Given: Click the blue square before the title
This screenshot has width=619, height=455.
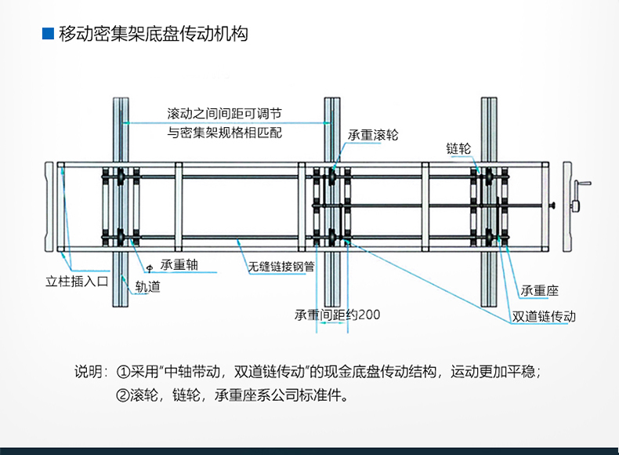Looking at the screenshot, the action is pyautogui.click(x=48, y=34).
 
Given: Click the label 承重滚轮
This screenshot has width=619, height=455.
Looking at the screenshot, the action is pyautogui.click(x=373, y=135).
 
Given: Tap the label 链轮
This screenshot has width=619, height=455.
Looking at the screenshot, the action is pyautogui.click(x=458, y=148).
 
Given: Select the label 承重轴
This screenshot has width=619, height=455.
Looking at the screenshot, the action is pyautogui.click(x=179, y=265).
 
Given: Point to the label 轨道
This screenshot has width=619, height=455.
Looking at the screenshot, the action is pyautogui.click(x=147, y=286).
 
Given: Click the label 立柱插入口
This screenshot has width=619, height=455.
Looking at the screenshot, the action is pyautogui.click(x=77, y=282).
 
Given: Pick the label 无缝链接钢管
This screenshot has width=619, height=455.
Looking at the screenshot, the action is pyautogui.click(x=281, y=267).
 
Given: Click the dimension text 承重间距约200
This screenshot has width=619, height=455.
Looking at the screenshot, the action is pyautogui.click(x=337, y=315).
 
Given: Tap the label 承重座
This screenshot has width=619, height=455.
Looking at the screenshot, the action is pyautogui.click(x=539, y=291).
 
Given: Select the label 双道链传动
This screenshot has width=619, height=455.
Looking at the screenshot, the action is pyautogui.click(x=544, y=316).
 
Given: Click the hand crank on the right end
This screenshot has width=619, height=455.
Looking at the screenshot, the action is pyautogui.click(x=580, y=196).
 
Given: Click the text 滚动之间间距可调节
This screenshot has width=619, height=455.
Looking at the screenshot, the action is pyautogui.click(x=224, y=114).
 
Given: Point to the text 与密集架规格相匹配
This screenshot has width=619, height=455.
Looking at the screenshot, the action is pyautogui.click(x=224, y=133).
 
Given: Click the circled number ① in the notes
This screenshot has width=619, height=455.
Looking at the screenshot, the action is pyautogui.click(x=123, y=372).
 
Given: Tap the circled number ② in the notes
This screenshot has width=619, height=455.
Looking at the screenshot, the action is pyautogui.click(x=123, y=395).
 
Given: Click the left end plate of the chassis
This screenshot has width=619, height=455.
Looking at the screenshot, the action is pyautogui.click(x=49, y=206).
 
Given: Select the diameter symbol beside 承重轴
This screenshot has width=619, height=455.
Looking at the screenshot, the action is pyautogui.click(x=150, y=269).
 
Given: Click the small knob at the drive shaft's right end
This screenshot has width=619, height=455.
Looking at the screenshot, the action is pyautogui.click(x=552, y=206).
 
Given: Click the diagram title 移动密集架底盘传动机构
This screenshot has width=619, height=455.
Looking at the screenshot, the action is pyautogui.click(x=153, y=34).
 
